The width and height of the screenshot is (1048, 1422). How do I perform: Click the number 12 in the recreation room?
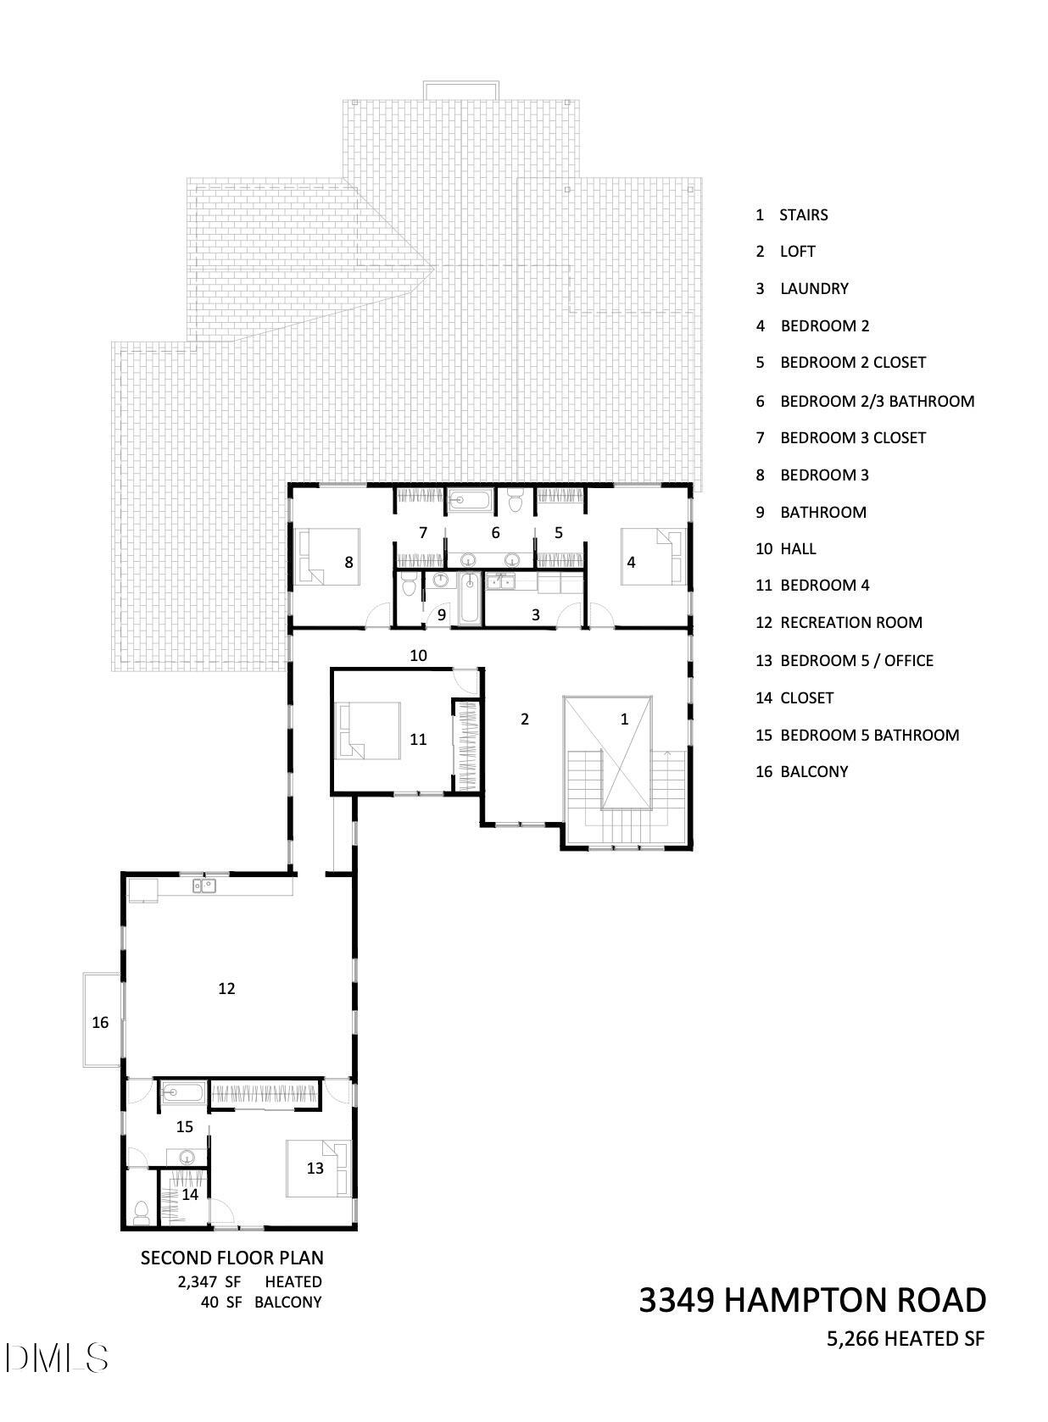[226, 988]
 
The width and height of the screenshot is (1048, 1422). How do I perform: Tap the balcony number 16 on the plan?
[100, 1022]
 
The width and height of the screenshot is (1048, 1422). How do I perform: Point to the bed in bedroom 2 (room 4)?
[654, 557]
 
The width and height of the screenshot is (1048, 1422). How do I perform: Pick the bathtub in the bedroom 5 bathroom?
[183, 1092]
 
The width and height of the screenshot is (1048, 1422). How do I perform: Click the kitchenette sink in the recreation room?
[205, 885]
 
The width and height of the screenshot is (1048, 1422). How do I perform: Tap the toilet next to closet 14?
[141, 1213]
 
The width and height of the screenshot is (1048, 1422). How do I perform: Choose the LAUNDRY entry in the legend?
[814, 289]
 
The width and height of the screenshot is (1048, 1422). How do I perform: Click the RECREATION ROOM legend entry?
[851, 623]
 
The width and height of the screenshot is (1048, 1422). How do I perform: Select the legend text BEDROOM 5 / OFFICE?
[857, 661]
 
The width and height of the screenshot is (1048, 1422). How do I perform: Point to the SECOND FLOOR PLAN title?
[231, 1258]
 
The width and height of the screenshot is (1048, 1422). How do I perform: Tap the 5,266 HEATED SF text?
[905, 1340]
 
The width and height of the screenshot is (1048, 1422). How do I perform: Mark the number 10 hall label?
[418, 655]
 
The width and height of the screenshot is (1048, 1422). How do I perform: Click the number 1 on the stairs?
[624, 719]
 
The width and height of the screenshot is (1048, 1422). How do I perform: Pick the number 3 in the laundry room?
[535, 614]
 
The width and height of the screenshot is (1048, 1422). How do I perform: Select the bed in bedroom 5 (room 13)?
[319, 1169]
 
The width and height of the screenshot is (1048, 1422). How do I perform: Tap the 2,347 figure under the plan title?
[198, 1281]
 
